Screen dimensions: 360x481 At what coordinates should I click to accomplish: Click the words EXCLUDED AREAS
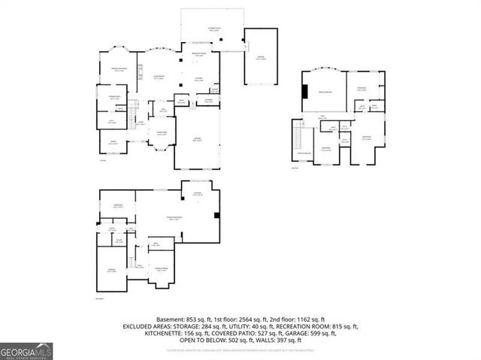click(x=147, y=327)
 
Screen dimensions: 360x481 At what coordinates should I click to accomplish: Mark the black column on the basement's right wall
click(x=216, y=216)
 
